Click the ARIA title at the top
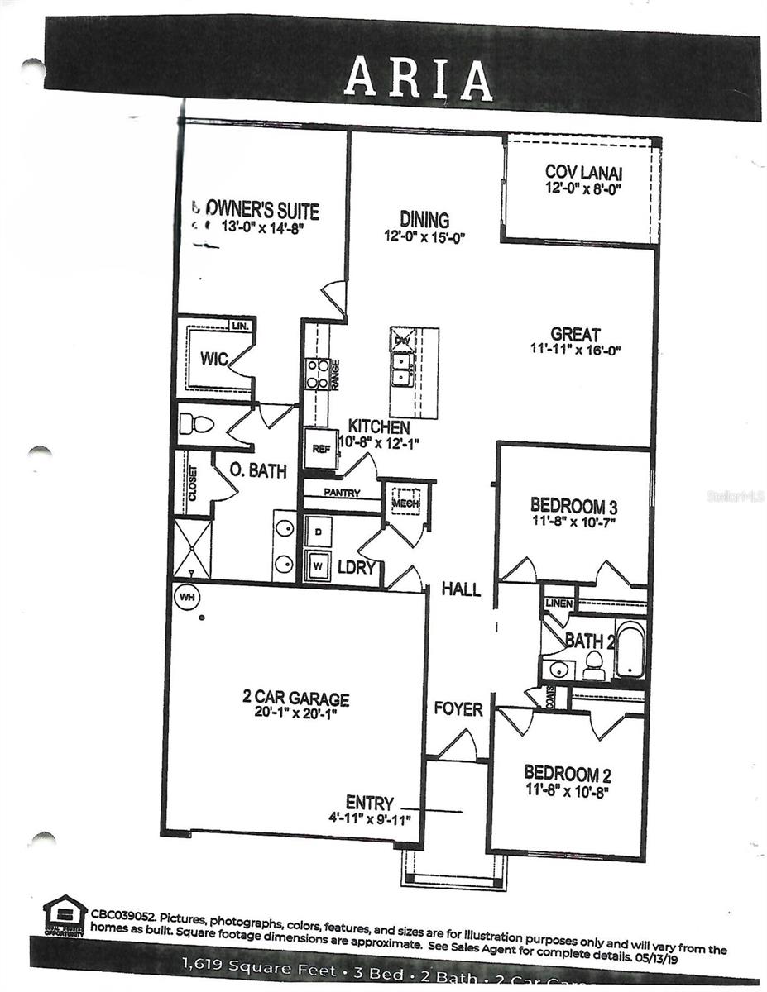418,78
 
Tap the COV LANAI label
583,173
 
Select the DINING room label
424,220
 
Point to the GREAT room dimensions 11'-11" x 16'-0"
575,350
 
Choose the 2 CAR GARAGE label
295,699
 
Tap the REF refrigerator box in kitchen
320,450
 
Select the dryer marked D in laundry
319,531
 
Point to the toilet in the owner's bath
197,425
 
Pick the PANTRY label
341,493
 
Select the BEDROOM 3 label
574,505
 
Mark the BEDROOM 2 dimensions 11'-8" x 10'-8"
568,791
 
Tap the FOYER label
458,708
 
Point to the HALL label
461,589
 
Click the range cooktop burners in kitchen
318,374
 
